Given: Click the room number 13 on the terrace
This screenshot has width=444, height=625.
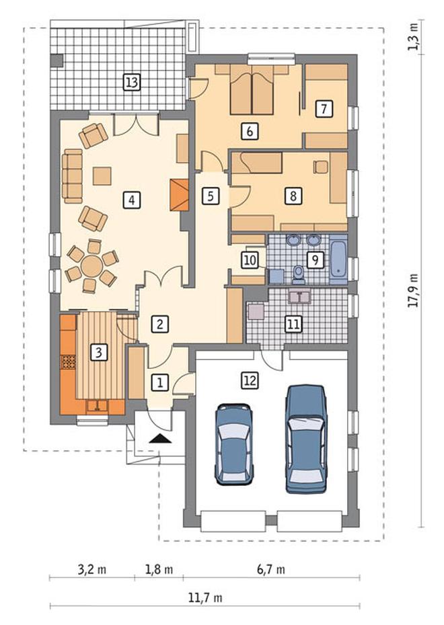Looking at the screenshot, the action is [132, 83].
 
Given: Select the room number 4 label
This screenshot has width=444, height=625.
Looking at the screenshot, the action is [132, 200].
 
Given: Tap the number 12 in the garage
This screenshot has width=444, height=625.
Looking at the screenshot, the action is [250, 380].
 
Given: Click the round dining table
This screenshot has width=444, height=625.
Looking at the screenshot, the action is [92, 265].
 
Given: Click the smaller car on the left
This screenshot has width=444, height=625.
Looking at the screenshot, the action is [234, 444].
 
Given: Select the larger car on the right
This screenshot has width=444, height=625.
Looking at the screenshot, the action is [306, 439].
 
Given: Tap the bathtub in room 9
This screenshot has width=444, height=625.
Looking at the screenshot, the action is [339, 259].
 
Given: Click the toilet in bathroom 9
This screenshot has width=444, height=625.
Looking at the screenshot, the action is [298, 274].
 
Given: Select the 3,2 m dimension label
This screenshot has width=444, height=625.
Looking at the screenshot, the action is [91, 569].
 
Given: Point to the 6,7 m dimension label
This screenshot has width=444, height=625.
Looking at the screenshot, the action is [271, 569].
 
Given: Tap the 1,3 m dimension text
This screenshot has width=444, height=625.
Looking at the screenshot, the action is [413, 37].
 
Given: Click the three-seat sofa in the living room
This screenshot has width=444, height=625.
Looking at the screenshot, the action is [72, 176].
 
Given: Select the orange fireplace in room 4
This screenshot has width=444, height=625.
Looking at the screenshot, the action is [179, 194].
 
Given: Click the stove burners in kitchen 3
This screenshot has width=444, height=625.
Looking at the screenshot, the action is [68, 362].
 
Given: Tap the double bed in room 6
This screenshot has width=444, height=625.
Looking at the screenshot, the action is [252, 89].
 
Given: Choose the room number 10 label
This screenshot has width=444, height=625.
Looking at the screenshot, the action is [250, 260].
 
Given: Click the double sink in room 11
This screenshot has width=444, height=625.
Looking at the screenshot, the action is [299, 297].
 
